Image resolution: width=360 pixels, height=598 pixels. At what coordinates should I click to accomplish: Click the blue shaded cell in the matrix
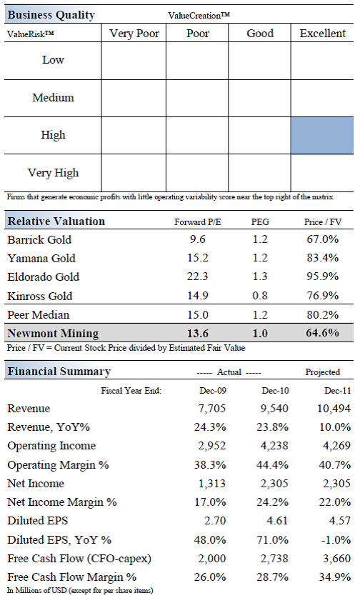coord(322,135)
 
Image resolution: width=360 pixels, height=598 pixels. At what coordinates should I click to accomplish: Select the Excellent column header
coord(322,33)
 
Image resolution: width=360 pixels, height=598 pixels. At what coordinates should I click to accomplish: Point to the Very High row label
coord(54,173)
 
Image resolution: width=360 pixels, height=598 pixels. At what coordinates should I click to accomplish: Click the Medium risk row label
coord(54,98)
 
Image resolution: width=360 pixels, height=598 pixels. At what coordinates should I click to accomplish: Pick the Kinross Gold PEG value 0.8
coord(259,296)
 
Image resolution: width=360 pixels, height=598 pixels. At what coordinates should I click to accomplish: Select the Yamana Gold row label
coord(41,259)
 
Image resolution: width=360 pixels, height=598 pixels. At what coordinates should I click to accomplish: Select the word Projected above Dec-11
coord(323,372)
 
